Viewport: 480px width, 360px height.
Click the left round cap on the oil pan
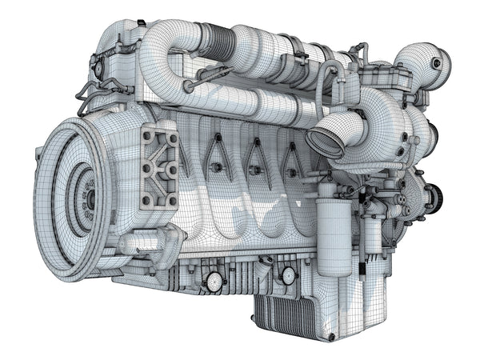(214, 281)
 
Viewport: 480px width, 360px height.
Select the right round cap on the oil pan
(288, 276)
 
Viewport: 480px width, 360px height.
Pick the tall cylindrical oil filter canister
(334, 232)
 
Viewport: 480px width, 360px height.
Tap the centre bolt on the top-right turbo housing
(436, 62)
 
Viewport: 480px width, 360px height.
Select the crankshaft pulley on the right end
(433, 196)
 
